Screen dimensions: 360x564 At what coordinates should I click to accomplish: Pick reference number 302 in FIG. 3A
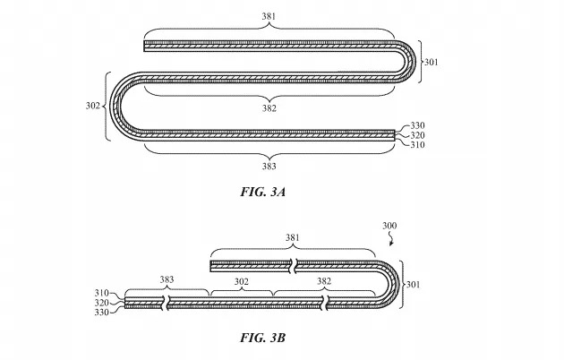click(x=92, y=106)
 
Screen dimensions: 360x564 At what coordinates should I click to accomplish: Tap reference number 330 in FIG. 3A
click(x=417, y=126)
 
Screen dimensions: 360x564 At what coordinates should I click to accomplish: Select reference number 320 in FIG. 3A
click(x=417, y=135)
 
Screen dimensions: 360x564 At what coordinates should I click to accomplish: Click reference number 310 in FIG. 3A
click(x=417, y=145)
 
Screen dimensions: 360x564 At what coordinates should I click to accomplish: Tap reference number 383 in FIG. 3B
click(x=167, y=280)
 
